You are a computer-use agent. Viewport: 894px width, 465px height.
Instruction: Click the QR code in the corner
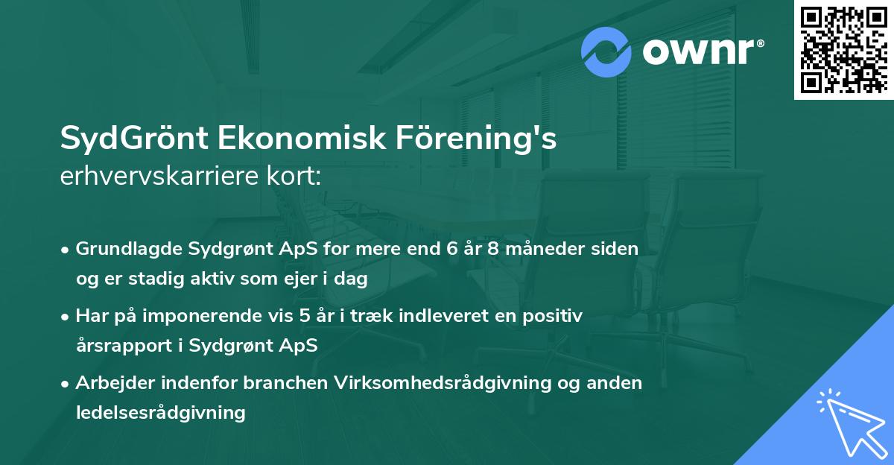[843, 50]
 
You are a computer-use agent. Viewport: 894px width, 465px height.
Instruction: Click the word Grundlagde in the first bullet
[121, 249]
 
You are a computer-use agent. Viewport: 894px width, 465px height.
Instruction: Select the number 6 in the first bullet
[451, 249]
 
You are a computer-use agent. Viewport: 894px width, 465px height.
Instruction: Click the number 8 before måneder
[492, 249]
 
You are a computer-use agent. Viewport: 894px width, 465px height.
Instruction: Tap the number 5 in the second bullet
[304, 316]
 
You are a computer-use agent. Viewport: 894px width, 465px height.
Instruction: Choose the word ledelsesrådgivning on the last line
[161, 413]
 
